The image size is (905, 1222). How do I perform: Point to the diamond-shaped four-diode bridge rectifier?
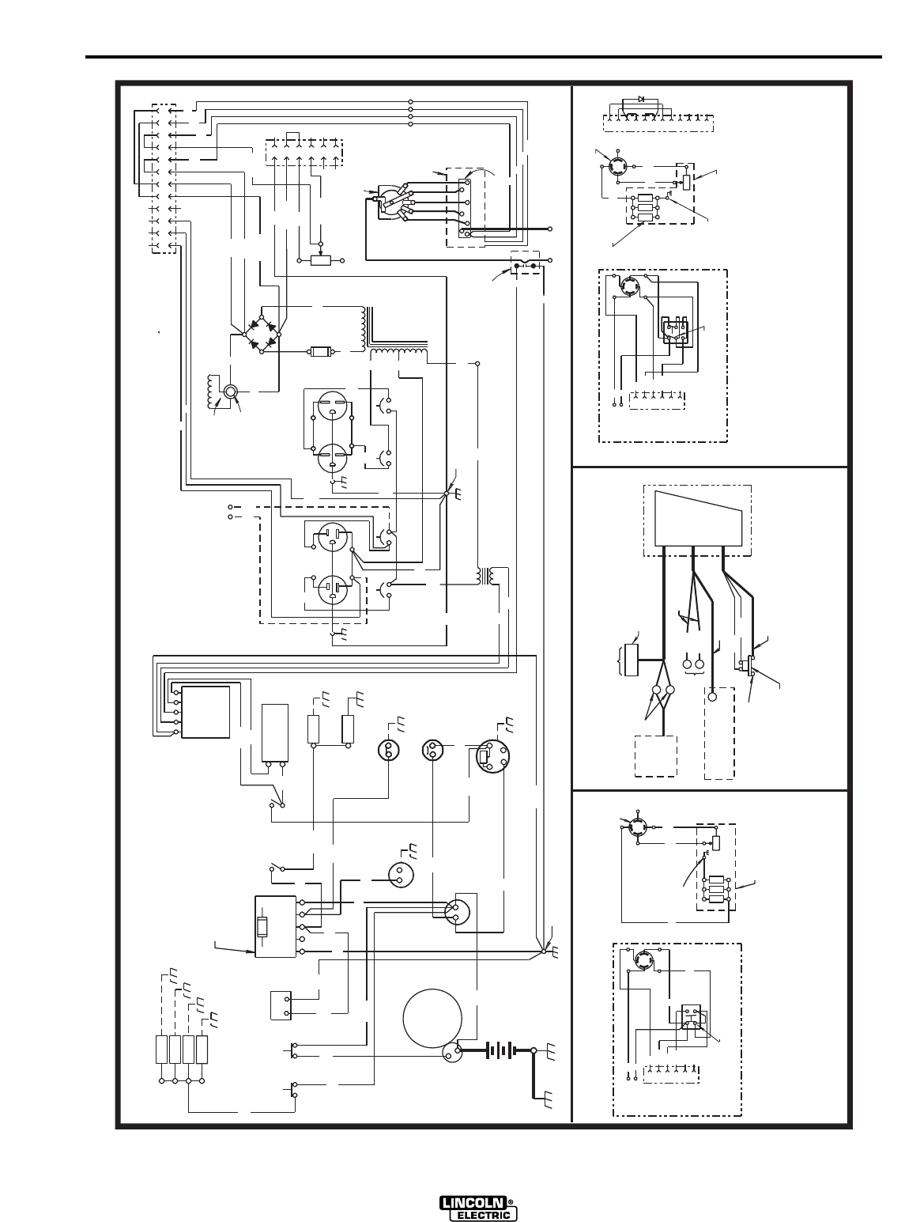coord(261,333)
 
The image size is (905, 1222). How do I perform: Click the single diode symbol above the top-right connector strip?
coord(641,99)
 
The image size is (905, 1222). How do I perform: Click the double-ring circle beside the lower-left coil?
coord(232,392)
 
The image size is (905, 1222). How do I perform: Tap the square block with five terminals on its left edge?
coord(206,712)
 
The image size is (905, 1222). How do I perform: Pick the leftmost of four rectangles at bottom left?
coord(163,1049)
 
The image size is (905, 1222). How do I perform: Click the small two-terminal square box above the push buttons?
coord(281,1004)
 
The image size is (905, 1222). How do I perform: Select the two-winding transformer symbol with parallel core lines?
coord(485,576)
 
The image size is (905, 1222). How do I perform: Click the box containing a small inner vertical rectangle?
coord(275,926)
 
